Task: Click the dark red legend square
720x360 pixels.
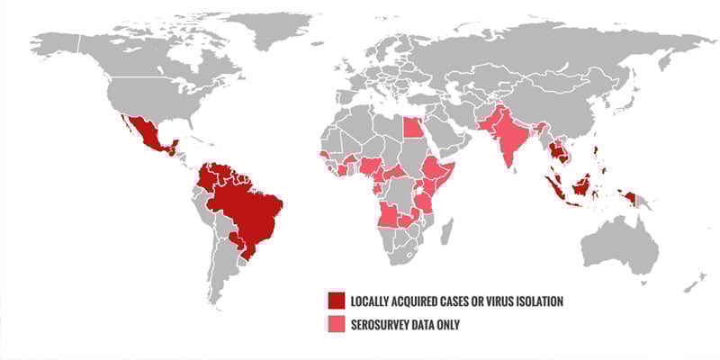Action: (x=336, y=301)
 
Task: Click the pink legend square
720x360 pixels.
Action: (x=336, y=324)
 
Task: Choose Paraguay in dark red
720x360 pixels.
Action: (x=236, y=238)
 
